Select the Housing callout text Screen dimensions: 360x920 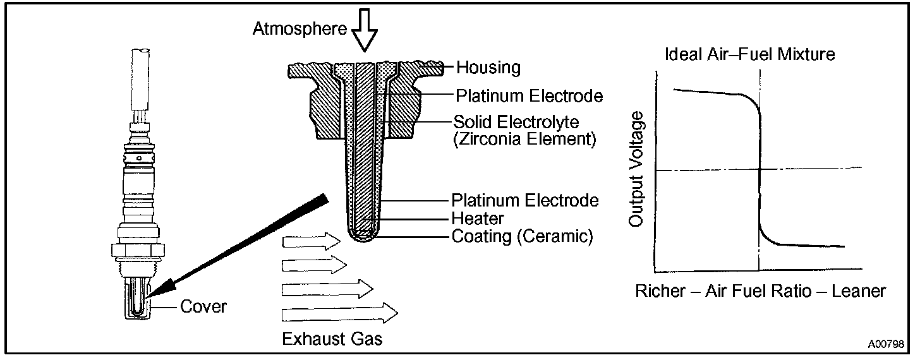click(x=488, y=67)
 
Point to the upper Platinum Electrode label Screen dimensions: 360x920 click(x=529, y=96)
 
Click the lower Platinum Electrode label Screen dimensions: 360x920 click(x=524, y=200)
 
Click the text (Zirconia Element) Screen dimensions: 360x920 click(x=524, y=139)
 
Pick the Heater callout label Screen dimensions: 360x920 click(x=478, y=219)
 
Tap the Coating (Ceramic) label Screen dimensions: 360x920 click(x=522, y=237)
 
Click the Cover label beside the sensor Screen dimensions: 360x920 click(x=203, y=307)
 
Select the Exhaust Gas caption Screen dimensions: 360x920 click(x=332, y=339)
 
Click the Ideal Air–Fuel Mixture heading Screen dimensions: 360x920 click(x=750, y=54)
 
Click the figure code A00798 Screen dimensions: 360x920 click(x=885, y=345)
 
